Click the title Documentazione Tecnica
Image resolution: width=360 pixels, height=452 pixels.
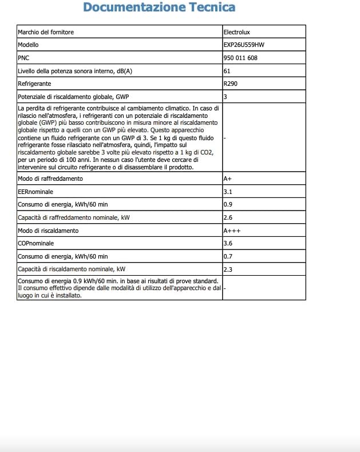159,8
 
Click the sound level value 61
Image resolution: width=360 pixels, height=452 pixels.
227,71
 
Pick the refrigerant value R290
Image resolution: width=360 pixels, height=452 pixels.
231,84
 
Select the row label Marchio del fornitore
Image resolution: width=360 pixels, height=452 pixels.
46,32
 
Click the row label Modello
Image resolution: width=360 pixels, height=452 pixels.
29,45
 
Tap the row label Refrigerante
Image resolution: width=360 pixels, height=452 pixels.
34,84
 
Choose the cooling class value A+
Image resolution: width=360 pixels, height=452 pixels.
228,179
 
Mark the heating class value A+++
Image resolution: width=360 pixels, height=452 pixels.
231,231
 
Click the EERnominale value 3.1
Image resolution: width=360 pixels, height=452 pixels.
227,192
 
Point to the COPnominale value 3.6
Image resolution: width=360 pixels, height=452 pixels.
227,243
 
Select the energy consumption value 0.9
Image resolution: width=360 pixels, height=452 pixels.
227,205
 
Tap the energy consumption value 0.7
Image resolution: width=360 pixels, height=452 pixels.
227,256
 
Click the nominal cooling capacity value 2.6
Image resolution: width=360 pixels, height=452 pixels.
227,217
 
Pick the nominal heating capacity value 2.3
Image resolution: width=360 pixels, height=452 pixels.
227,269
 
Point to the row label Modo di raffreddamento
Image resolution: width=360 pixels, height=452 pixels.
50,179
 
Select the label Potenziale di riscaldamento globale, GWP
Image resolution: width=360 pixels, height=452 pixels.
74,97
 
